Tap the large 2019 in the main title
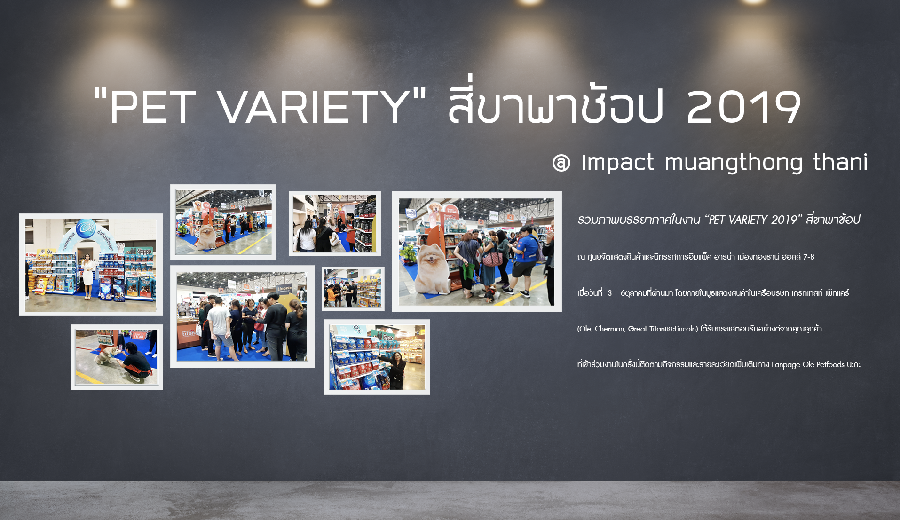pos(743,107)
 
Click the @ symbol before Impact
pos(561,163)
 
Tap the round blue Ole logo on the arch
pos(86,228)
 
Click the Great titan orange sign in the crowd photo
pos(188,332)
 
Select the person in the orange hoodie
pos(332,294)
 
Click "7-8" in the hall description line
pos(808,257)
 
